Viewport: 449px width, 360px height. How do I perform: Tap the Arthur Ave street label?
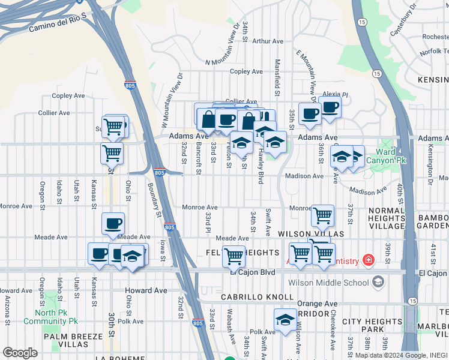click(267, 41)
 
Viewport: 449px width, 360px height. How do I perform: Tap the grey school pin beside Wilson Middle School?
click(378, 282)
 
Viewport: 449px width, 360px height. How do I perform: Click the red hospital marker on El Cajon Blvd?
click(367, 260)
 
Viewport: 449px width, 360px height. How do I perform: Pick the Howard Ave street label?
click(146, 290)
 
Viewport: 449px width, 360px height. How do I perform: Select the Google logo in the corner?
click(20, 353)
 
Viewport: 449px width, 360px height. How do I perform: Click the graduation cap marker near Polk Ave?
click(285, 319)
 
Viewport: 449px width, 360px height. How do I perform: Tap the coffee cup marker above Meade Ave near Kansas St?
click(113, 224)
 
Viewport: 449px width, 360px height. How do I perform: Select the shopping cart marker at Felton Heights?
click(234, 256)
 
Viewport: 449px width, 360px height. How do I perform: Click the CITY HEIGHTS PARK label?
click(372, 326)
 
